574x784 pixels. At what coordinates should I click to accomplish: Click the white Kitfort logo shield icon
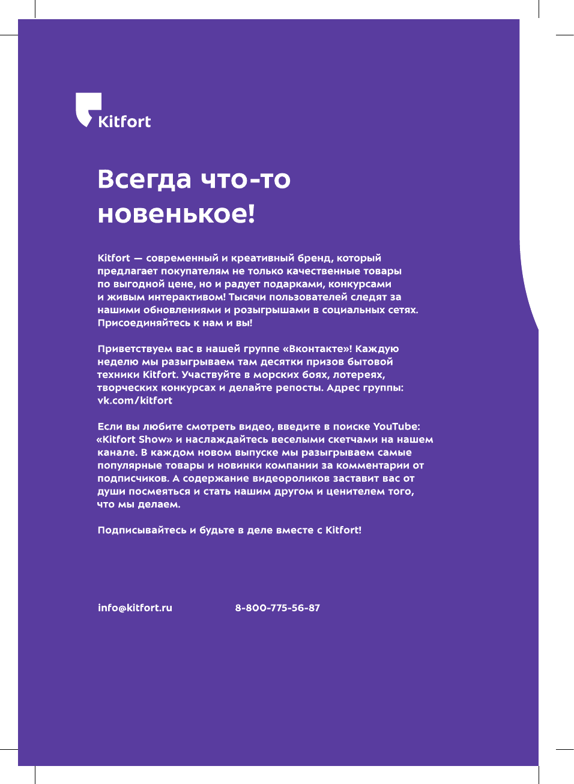[88, 108]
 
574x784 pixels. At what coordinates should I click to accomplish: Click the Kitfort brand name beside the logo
[124, 122]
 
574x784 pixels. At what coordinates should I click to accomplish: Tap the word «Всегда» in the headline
[144, 179]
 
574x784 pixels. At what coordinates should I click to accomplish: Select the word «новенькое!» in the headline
[177, 214]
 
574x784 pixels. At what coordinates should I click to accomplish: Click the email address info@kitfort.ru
[135, 608]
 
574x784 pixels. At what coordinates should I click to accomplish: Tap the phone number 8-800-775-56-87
[277, 608]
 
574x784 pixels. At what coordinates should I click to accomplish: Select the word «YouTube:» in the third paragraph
[396, 426]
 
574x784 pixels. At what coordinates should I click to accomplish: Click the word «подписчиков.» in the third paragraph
[133, 479]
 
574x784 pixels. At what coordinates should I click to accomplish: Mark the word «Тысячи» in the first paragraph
[247, 297]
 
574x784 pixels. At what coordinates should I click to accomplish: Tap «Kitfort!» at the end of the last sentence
[343, 530]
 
